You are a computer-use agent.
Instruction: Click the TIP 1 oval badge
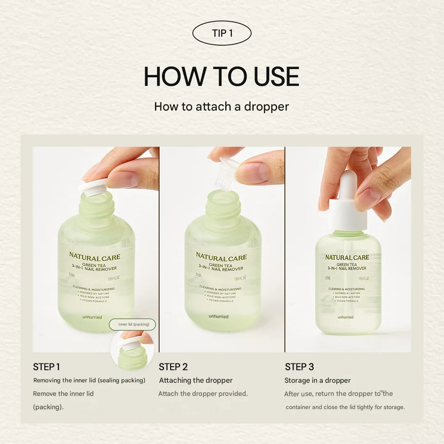[222, 33]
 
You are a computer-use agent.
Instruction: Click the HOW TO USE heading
[222, 76]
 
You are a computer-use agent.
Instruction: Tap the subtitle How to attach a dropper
[222, 106]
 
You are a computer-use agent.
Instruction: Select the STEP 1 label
[46, 367]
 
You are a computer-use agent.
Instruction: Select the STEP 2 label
[173, 367]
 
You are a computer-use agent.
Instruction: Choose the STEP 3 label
[299, 367]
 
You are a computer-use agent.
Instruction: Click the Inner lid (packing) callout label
[132, 324]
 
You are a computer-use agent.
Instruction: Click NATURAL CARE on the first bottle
[95, 257]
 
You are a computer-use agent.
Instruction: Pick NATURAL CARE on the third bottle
[347, 257]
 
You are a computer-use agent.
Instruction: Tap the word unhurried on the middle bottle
[218, 316]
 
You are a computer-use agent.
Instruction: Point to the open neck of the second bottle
[223, 197]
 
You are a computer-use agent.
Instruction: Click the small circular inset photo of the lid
[132, 349]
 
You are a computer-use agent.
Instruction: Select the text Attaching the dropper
[196, 380]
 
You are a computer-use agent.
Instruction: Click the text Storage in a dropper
[317, 380]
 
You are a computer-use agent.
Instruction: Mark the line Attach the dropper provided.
[203, 393]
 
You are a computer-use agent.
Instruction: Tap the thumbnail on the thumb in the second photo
[251, 173]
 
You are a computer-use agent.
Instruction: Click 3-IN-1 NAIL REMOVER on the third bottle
[347, 268]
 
